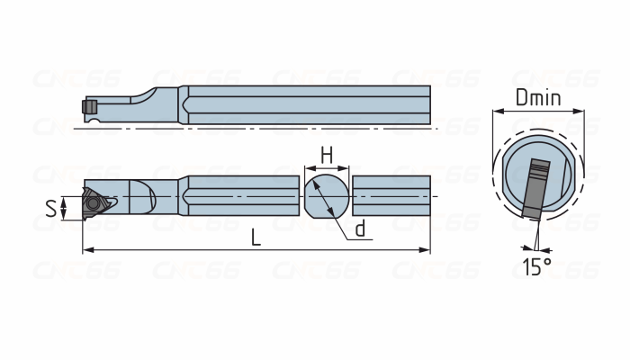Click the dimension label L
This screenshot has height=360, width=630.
coord(256,237)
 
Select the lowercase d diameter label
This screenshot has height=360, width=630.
coord(360,229)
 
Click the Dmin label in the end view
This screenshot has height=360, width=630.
coord(538,97)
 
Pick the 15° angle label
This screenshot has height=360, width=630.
coord(537,267)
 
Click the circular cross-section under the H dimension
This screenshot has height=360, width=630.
coord(326,196)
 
